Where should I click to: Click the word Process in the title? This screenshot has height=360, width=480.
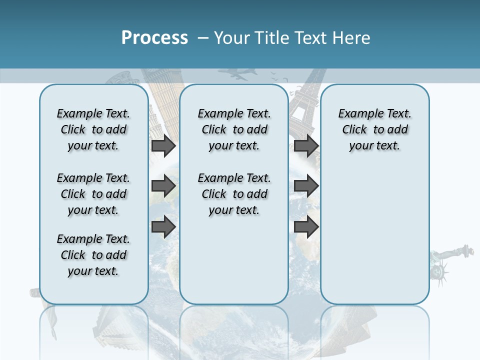click(x=154, y=37)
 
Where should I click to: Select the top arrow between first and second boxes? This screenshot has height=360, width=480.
click(x=163, y=146)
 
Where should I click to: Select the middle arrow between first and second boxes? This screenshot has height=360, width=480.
click(x=163, y=186)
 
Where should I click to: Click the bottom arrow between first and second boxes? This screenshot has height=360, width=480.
click(x=163, y=226)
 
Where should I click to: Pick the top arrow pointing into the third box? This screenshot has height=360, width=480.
click(x=306, y=146)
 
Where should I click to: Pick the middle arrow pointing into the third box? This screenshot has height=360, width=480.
click(x=306, y=186)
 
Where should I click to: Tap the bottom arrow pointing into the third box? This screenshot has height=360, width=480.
click(x=306, y=226)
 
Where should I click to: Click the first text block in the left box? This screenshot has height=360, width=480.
click(x=93, y=129)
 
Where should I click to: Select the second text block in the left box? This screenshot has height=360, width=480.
click(x=93, y=194)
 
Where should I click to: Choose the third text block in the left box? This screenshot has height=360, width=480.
click(x=93, y=255)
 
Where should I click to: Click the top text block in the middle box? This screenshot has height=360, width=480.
click(x=234, y=129)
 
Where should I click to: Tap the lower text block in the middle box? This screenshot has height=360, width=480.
click(x=234, y=194)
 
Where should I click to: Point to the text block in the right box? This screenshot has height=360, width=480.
click(x=374, y=129)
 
